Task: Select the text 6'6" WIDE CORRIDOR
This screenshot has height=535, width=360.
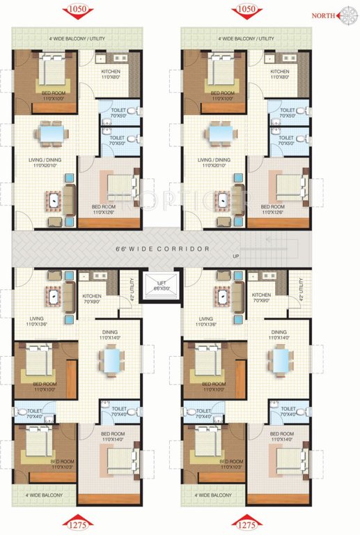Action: point(162,249)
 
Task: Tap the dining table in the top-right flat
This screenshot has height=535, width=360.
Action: point(221,132)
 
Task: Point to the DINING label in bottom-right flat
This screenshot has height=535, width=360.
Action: point(279,332)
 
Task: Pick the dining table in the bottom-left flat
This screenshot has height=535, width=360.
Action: point(110,361)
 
